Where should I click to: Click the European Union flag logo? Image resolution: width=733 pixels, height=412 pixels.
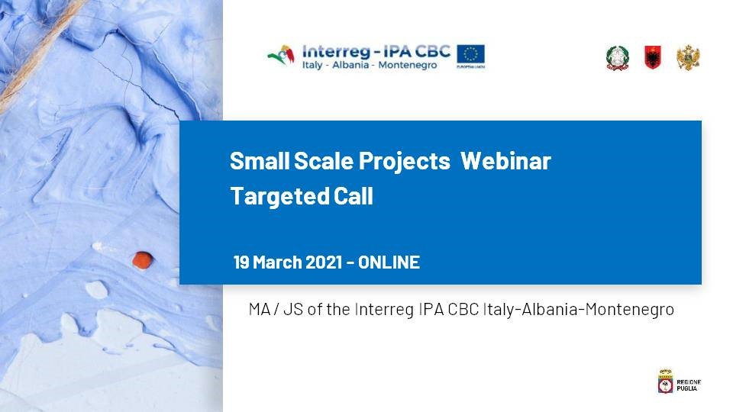[x=471, y=55]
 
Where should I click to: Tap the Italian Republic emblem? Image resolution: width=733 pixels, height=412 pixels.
[x=618, y=59]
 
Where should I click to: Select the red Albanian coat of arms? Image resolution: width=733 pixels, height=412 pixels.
[x=653, y=57]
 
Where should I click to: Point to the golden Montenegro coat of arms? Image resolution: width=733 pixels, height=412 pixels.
[x=688, y=58]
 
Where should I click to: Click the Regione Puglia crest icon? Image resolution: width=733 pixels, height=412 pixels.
[x=665, y=381]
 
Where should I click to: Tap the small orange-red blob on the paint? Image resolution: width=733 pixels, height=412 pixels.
[x=143, y=260]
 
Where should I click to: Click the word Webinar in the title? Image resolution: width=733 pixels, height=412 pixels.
[x=505, y=161]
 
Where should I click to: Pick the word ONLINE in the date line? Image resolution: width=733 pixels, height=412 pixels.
[x=389, y=262]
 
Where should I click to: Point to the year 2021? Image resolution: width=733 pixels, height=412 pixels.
[x=324, y=262]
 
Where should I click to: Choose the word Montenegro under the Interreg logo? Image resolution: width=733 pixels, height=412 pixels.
[x=407, y=65]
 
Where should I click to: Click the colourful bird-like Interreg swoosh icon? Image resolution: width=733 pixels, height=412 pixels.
[x=281, y=55]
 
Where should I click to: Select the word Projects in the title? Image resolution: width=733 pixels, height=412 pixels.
[x=405, y=162]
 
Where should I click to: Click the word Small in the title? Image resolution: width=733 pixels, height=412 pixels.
[x=260, y=161]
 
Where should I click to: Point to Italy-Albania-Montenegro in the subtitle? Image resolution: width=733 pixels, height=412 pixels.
[x=578, y=310]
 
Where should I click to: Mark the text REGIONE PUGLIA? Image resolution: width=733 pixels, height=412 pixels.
[x=689, y=385]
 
